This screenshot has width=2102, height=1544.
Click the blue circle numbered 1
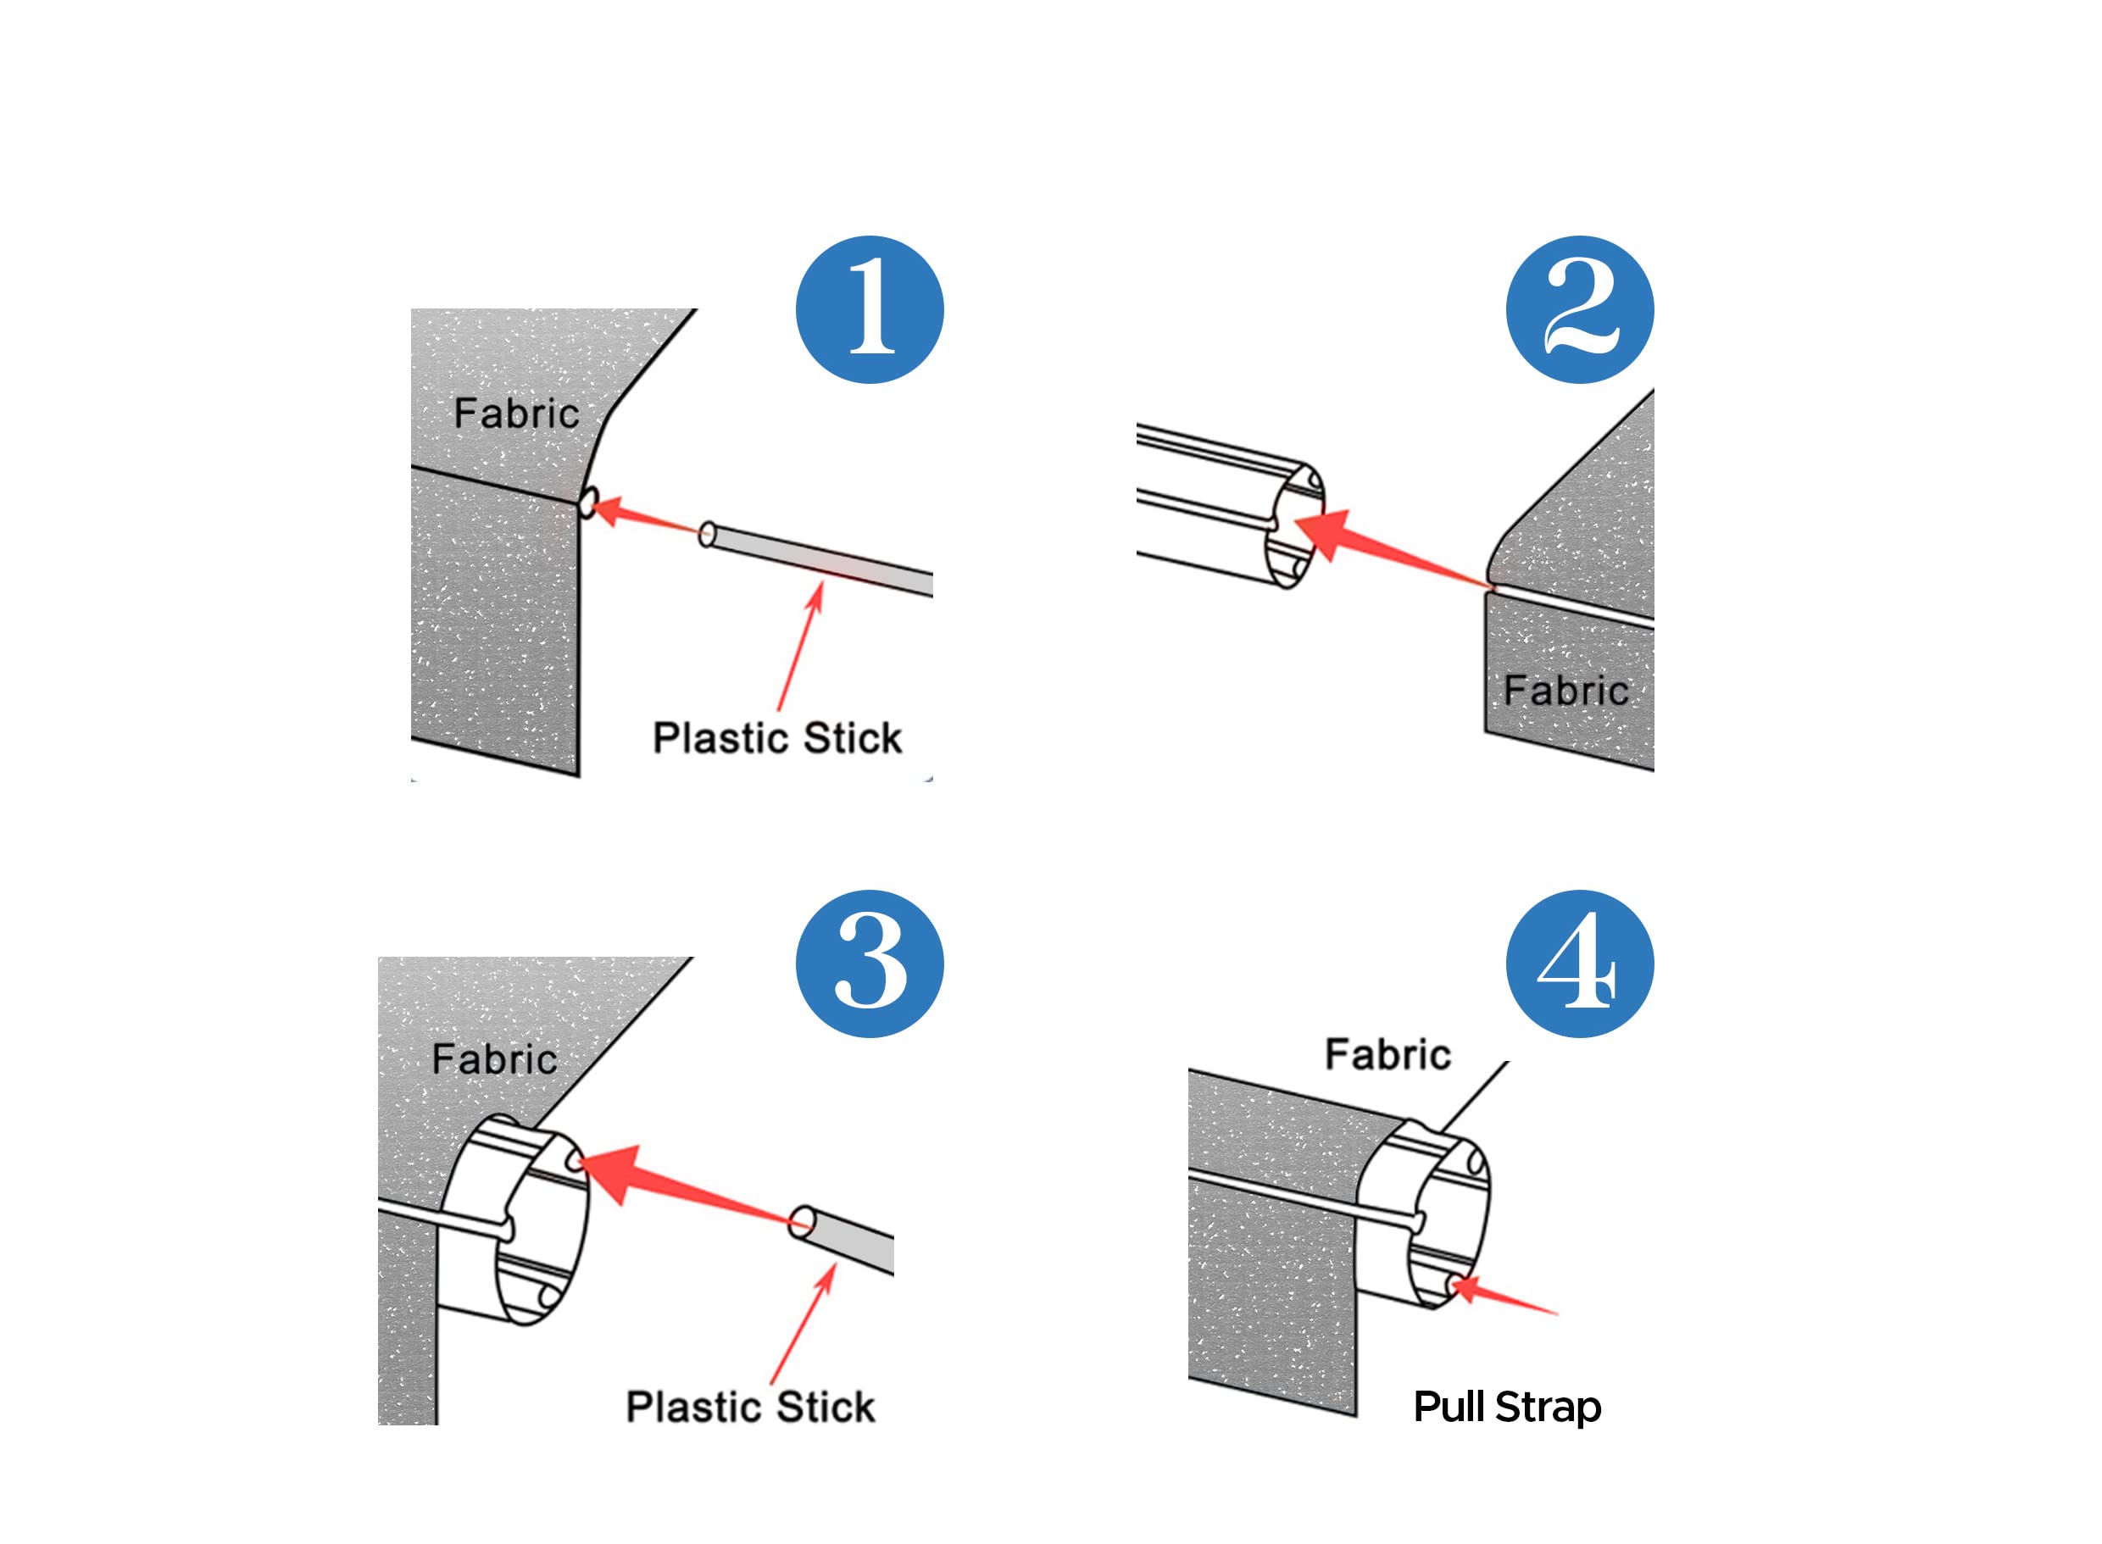click(x=870, y=309)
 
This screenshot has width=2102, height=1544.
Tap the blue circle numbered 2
click(x=1580, y=309)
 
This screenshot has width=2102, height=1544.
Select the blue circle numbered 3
click(x=870, y=964)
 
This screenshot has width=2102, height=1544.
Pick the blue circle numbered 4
click(x=1580, y=964)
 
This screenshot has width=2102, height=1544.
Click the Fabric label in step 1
click(x=516, y=413)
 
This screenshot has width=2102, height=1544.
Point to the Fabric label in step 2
click(x=1565, y=691)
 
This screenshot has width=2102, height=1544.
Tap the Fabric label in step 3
click(x=494, y=1059)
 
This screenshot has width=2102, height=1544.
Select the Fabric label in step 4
click(x=1388, y=1054)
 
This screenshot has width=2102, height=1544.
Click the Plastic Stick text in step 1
click(x=776, y=737)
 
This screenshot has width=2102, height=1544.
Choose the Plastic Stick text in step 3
click(x=750, y=1407)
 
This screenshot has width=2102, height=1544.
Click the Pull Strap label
click(x=1508, y=1408)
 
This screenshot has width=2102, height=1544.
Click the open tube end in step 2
click(x=1294, y=526)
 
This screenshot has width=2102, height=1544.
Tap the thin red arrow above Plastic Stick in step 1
click(x=800, y=646)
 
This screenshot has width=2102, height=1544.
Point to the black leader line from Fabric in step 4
click(x=1474, y=1097)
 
